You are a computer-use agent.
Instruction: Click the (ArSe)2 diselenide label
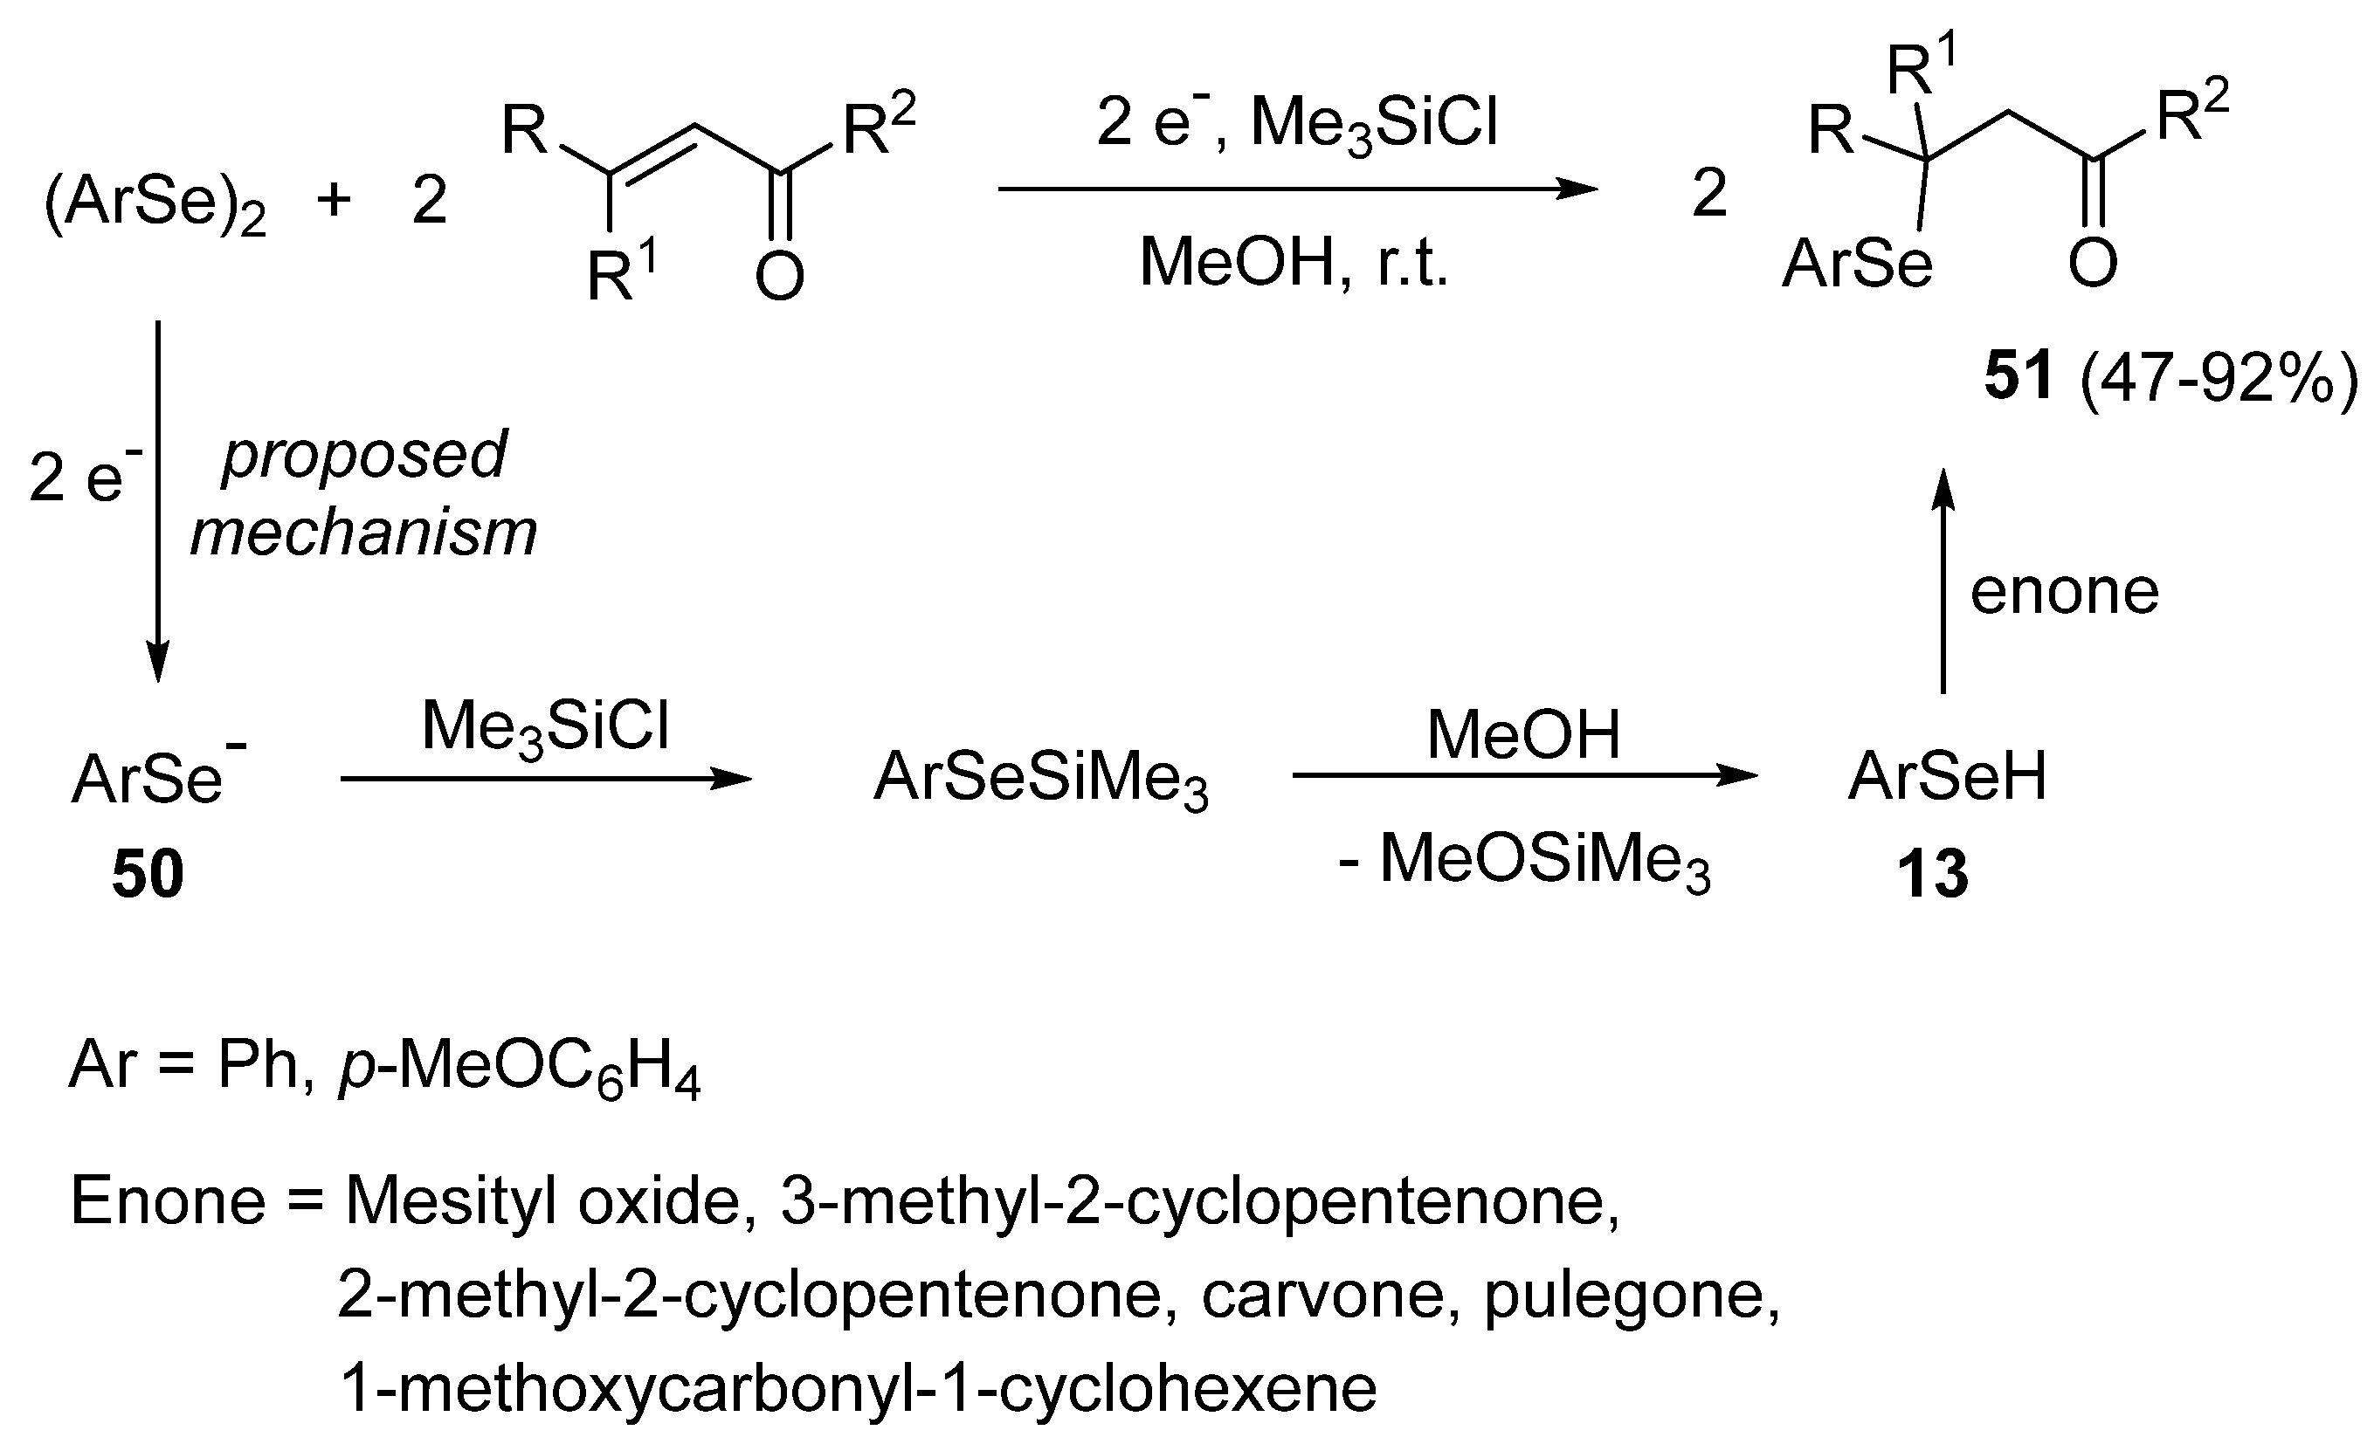click(x=154, y=204)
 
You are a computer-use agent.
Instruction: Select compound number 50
click(x=148, y=875)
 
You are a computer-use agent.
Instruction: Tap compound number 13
click(x=1932, y=875)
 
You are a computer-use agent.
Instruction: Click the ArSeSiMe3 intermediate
click(x=1040, y=779)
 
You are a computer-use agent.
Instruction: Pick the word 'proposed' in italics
click(x=364, y=456)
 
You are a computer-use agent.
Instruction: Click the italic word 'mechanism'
click(x=364, y=532)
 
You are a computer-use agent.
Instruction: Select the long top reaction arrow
click(x=1296, y=189)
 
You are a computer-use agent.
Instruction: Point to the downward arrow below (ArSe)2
click(x=158, y=501)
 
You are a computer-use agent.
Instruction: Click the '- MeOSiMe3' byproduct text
click(x=1524, y=860)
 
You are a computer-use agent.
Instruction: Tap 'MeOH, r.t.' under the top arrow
click(x=1294, y=262)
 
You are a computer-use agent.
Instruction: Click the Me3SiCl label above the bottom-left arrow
click(x=545, y=727)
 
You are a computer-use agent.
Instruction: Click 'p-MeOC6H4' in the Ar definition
click(x=520, y=1068)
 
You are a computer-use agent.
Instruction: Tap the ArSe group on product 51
click(x=1857, y=264)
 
